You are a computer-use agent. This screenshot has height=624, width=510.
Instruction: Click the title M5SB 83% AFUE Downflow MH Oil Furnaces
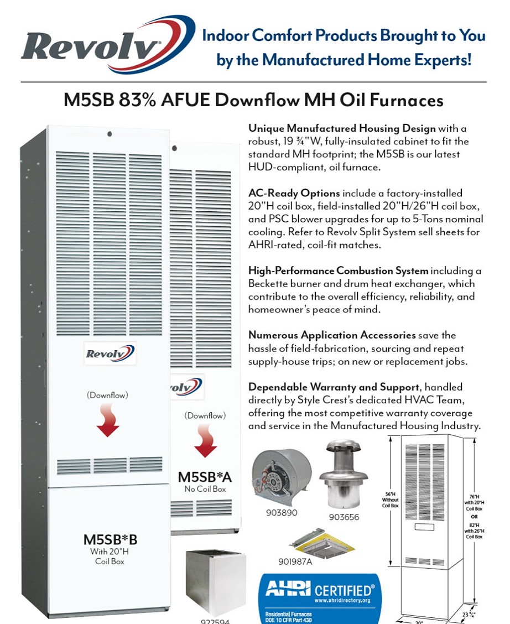click(254, 101)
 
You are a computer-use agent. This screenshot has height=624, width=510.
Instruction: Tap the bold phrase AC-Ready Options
click(294, 194)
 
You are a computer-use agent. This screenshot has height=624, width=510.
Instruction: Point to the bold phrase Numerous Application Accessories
click(332, 335)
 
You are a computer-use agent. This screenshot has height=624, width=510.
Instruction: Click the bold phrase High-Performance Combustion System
click(339, 271)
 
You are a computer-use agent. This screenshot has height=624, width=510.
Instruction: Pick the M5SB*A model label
click(205, 477)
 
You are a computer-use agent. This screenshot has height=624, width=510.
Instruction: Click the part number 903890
click(282, 513)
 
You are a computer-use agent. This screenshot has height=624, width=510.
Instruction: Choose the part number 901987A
click(295, 561)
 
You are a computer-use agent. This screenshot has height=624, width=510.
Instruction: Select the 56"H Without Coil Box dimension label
click(390, 501)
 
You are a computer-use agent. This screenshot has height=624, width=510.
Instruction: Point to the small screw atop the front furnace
click(110, 133)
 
